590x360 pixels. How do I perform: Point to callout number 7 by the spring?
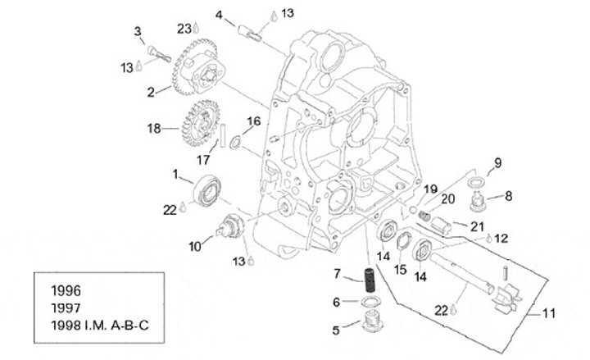(x=336, y=272)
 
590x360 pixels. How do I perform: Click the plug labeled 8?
(x=477, y=198)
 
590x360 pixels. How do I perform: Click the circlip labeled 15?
(x=402, y=244)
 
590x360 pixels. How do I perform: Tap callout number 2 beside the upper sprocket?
(x=152, y=93)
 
